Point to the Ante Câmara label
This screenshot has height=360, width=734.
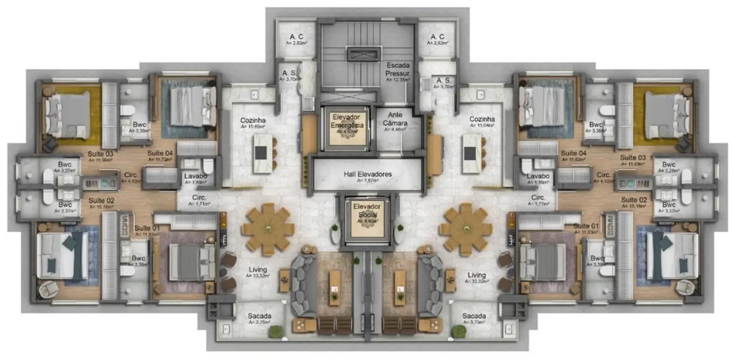click(396, 119)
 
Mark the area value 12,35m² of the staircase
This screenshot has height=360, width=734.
click(398, 80)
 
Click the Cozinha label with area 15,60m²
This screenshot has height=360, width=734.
click(252, 120)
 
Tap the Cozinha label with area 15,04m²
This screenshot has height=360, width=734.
click(482, 120)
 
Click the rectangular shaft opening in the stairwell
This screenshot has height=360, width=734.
click(363, 54)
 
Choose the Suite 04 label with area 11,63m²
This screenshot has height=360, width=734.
click(573, 153)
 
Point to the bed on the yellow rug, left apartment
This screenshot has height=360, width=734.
click(68, 114)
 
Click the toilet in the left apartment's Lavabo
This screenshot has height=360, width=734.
click(208, 166)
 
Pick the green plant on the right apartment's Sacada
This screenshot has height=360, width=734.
click(459, 331)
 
